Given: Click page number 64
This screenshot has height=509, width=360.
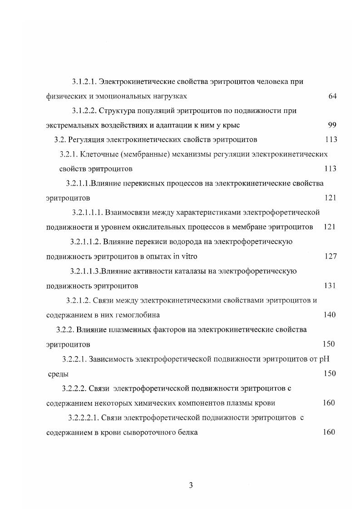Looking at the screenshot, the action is [x=332, y=96].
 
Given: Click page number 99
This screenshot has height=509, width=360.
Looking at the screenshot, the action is [x=332, y=125].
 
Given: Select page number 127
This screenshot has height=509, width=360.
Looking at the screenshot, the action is [x=330, y=256].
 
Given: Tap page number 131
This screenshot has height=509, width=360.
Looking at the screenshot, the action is [x=330, y=286].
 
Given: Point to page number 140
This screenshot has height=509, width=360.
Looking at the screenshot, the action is [x=330, y=315].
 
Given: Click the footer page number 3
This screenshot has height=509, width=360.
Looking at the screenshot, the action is [x=191, y=485].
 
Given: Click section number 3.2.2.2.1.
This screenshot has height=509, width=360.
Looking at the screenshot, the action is [x=84, y=418].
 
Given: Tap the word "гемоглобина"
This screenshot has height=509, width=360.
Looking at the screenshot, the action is [x=139, y=315].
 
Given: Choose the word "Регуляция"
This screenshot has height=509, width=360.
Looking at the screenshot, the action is [x=85, y=140].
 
